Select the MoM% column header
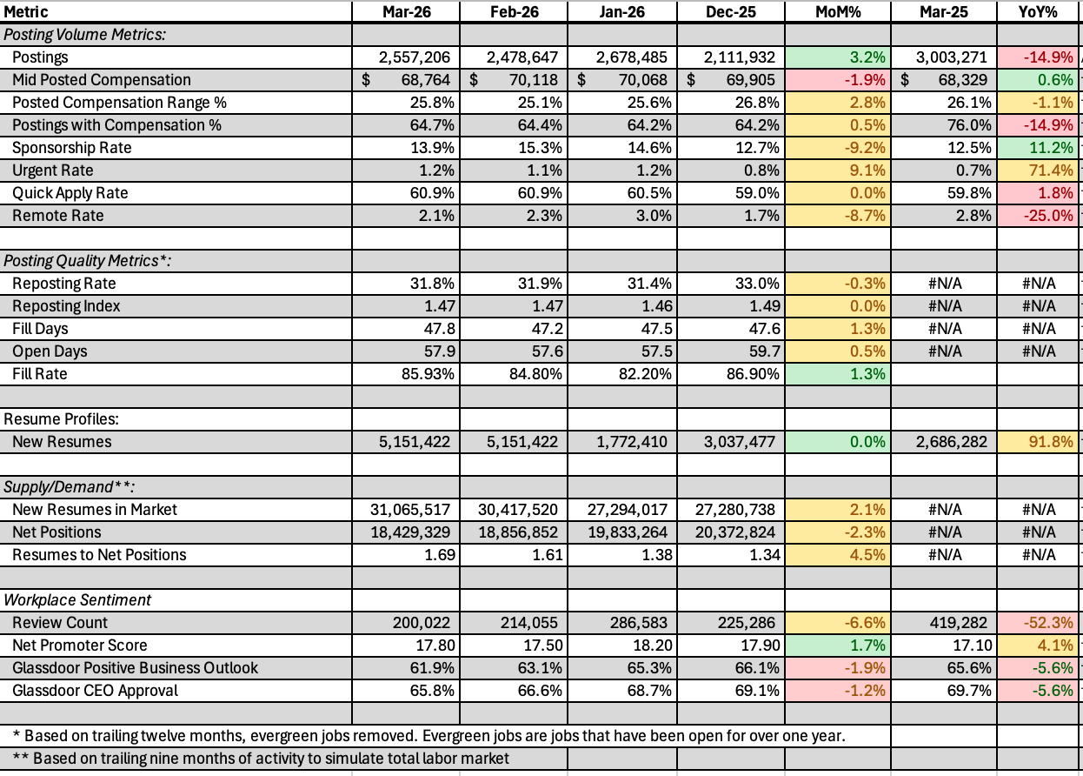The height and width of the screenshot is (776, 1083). tap(838, 12)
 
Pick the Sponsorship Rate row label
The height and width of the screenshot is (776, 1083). tap(72, 148)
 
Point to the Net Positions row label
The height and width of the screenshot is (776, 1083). tap(56, 532)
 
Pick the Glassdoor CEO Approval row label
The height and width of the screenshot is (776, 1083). tap(95, 691)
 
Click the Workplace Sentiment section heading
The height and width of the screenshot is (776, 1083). tap(77, 600)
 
